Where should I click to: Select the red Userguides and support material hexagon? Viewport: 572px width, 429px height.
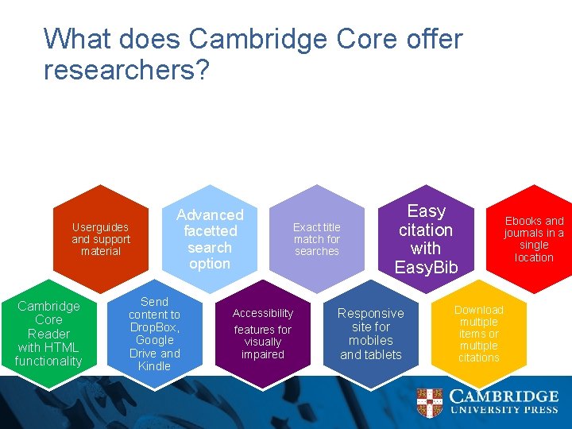point(101,238)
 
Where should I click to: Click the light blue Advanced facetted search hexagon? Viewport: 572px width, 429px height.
point(210,238)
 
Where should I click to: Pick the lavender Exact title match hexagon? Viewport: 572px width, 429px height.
point(317,238)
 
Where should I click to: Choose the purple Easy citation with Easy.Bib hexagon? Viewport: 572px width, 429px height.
point(426,239)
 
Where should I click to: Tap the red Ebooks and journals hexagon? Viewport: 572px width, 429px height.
point(534,238)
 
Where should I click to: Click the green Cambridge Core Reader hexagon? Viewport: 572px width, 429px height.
point(48,334)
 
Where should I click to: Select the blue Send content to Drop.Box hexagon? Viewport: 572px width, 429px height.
point(155,334)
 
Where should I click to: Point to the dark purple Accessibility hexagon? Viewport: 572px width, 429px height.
point(263,334)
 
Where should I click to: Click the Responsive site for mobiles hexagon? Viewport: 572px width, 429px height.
point(371,334)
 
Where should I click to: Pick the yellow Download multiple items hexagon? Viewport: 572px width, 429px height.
point(479,334)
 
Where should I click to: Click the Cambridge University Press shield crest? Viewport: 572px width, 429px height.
point(431,403)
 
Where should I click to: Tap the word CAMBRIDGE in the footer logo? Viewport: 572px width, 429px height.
point(504,396)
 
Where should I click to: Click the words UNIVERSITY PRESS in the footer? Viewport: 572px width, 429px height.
point(504,411)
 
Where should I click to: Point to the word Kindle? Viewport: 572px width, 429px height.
point(154,366)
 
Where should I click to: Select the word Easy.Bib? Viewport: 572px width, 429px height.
point(426,268)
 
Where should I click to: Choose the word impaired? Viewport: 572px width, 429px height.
point(263,354)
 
